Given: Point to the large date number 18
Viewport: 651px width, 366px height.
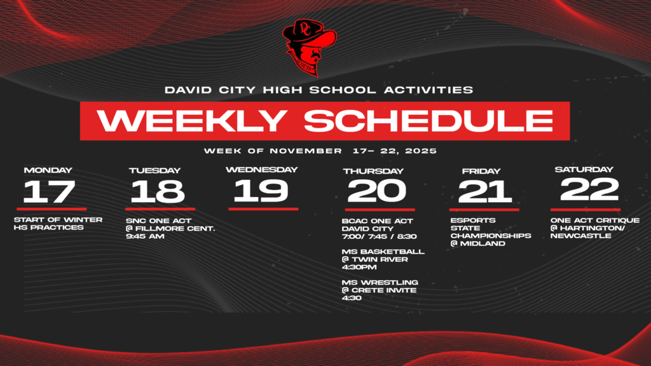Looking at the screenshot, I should click(158, 191).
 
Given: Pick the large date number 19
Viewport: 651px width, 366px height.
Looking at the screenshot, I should click(261, 190).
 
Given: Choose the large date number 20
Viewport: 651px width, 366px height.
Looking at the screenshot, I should click(377, 190).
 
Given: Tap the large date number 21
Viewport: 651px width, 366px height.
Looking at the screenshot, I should click(485, 191).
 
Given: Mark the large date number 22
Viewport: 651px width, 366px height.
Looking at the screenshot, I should click(589, 189).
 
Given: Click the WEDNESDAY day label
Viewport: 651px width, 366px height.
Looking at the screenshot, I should click(261, 170).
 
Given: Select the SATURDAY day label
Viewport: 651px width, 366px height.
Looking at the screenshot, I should click(584, 170).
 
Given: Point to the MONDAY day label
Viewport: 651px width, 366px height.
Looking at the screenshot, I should click(48, 170).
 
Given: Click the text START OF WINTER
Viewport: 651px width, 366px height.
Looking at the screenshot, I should click(58, 220).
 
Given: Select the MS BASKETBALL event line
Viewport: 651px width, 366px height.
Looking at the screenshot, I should click(383, 252).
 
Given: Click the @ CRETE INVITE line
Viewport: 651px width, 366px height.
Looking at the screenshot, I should click(379, 290).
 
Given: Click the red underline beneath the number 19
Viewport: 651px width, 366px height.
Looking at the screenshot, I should click(263, 208).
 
